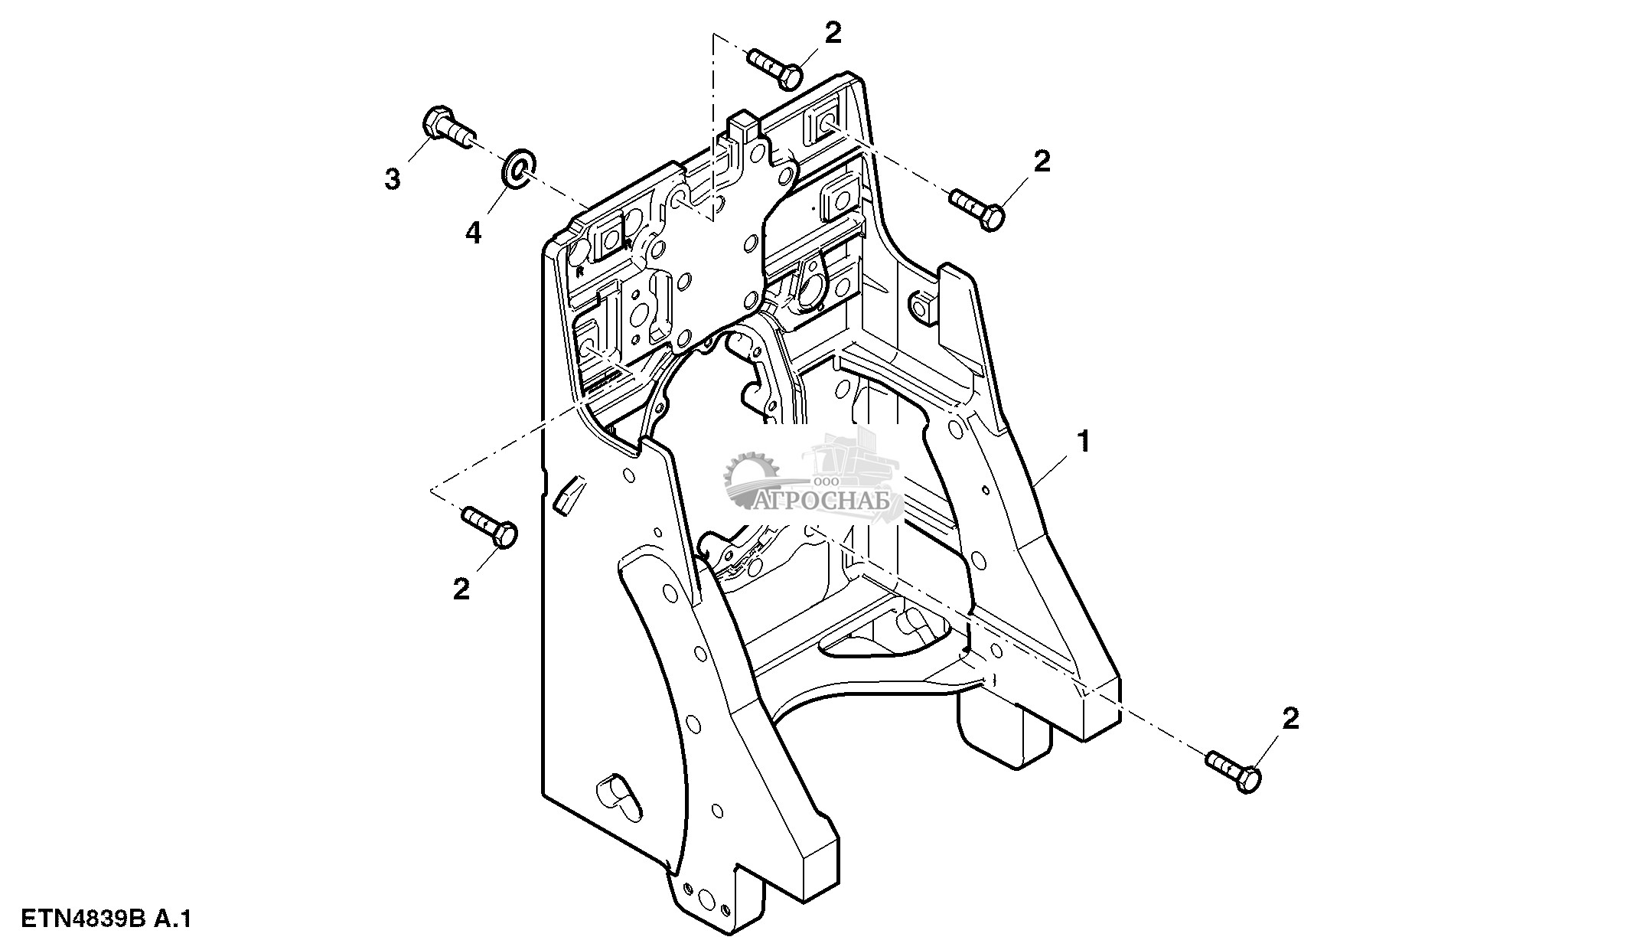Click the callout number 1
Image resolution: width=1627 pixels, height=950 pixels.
(x=1083, y=441)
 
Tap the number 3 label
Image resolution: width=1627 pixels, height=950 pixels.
(x=392, y=179)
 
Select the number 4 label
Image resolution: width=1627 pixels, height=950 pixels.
(x=474, y=232)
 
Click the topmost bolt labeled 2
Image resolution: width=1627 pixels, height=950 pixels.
(x=775, y=67)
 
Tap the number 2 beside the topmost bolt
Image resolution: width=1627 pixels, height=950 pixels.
(x=833, y=32)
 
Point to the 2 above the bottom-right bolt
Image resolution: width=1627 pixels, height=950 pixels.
(x=1290, y=719)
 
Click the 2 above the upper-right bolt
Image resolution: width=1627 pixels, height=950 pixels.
(x=1042, y=161)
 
